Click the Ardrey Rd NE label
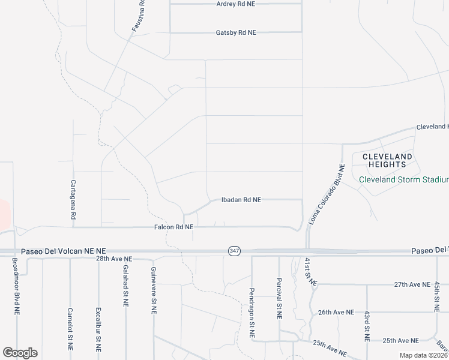pos(236,4)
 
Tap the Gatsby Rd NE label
pos(236,32)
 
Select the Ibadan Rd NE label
pos(241,200)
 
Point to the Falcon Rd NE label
pos(173,227)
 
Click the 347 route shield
pos(234,251)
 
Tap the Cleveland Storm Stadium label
pos(403,180)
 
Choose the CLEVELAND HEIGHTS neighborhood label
pos(387,161)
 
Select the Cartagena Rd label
pos(73,199)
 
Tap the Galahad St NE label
pos(126,286)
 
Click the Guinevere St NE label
pos(154,291)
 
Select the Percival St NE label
pos(280,298)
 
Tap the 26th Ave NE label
pos(336,313)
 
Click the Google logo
pos(20,353)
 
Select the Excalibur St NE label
pos(98,329)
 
